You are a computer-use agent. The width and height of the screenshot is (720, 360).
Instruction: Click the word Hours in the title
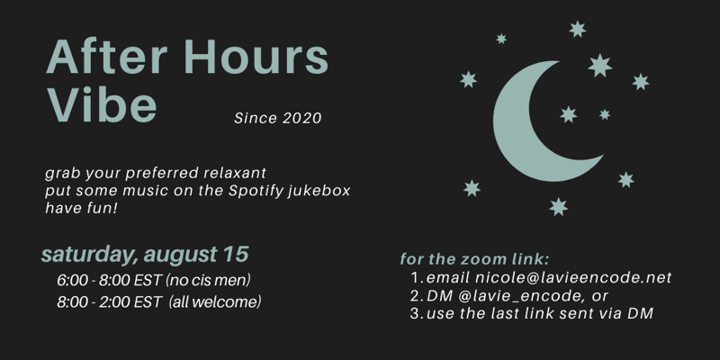click(256, 57)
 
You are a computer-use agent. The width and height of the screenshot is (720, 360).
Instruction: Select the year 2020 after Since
click(301, 119)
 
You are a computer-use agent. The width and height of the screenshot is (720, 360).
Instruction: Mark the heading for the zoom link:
click(474, 259)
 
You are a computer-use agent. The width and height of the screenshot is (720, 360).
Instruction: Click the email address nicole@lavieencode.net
click(573, 278)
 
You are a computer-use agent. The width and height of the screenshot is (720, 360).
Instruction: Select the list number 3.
click(417, 313)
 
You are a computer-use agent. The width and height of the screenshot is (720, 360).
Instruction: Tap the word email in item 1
click(447, 278)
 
